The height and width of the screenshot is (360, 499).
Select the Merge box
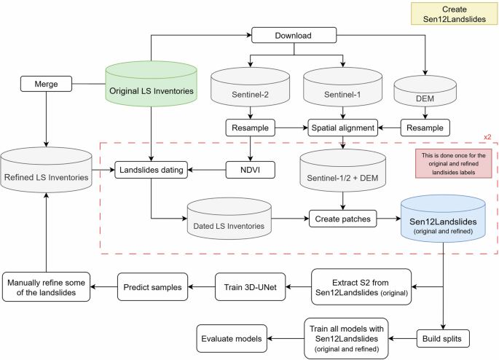click(46, 85)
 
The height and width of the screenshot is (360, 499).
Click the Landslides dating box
click(151, 171)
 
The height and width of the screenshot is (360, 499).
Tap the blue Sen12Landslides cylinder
click(444, 217)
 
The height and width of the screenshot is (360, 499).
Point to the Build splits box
click(444, 337)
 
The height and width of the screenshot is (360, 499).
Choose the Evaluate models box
click(232, 337)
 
